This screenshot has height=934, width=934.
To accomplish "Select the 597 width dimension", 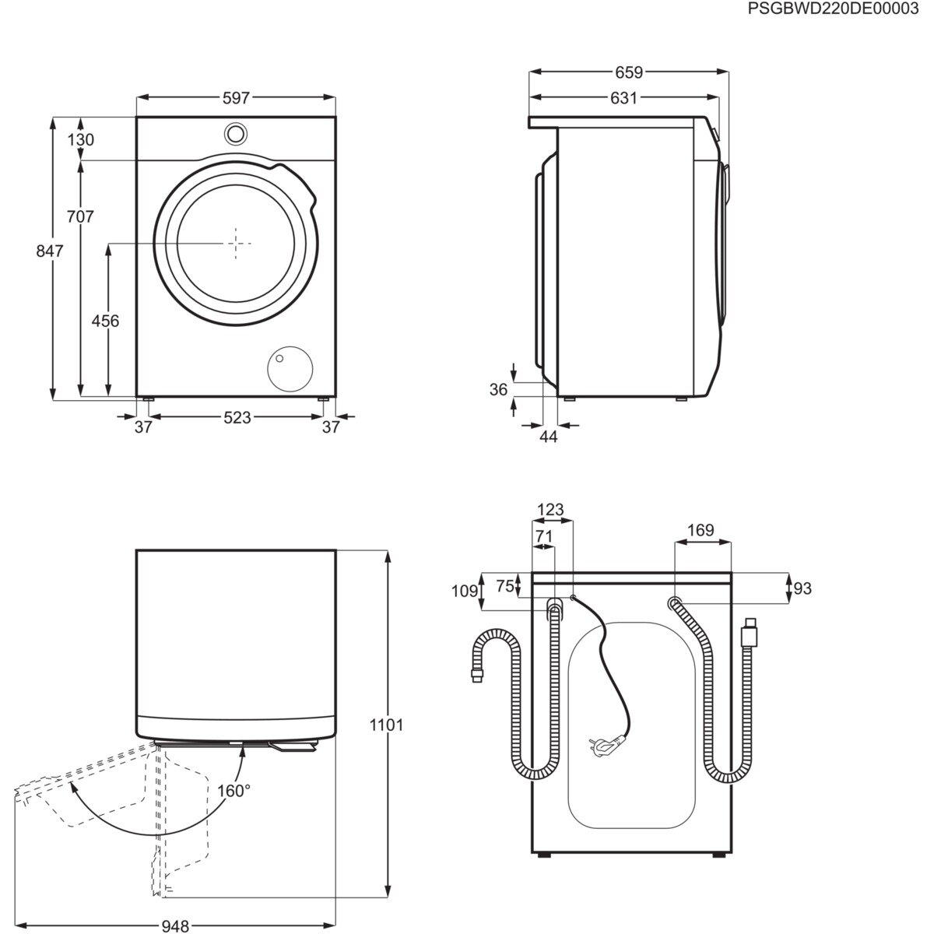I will click(236, 98).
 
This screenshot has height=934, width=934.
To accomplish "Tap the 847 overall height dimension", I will click(49, 251).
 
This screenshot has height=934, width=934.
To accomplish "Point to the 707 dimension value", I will click(80, 216).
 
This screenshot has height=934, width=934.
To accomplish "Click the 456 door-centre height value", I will click(105, 321).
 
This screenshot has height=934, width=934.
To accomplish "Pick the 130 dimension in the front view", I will click(80, 140).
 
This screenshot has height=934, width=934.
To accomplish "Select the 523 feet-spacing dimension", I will click(237, 418).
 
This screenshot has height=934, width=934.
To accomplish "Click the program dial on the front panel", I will click(236, 133).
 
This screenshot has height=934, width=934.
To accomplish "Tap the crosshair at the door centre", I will click(236, 242).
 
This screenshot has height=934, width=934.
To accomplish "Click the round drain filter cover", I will click(289, 367).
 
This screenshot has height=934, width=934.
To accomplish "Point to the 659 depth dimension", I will click(628, 72).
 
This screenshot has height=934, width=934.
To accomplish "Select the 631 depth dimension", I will click(623, 98).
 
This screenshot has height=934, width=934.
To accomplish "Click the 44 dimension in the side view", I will click(549, 437).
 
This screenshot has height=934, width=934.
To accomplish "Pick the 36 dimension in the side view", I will click(499, 390).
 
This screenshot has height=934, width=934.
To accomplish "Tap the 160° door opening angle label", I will click(234, 791).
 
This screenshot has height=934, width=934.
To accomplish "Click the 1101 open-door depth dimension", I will click(387, 725).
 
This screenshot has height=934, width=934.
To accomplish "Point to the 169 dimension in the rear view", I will click(700, 531).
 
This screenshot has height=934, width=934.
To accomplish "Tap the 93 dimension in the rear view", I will click(802, 589).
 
